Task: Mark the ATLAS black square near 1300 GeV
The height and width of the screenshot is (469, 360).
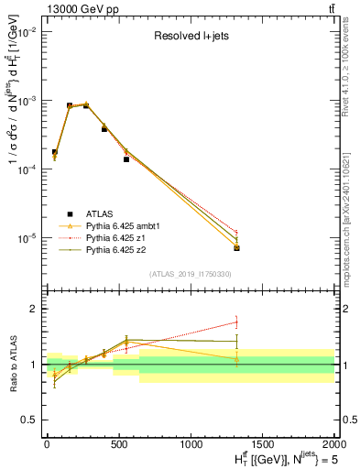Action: pos(236,248)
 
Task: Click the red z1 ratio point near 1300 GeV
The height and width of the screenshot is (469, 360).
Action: pos(236,322)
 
